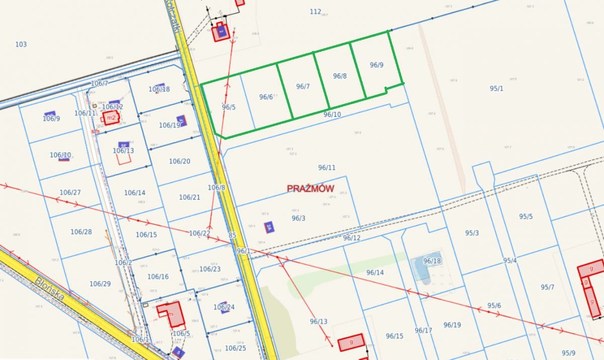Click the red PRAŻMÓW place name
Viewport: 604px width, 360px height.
[311, 188]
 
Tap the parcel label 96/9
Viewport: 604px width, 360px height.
[376, 65]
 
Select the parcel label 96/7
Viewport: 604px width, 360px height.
[303, 87]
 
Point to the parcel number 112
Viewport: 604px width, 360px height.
[316, 12]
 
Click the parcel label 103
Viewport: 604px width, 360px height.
[21, 44]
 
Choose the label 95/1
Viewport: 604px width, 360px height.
[496, 89]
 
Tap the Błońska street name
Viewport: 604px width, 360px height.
[50, 288]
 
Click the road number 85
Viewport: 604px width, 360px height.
[232, 235]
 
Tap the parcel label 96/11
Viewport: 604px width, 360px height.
[327, 167]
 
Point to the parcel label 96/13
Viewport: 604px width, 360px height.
[319, 321]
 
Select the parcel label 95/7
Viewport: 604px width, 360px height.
[548, 287]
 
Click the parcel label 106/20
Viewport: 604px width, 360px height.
[180, 162]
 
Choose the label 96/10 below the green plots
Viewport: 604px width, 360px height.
[332, 115]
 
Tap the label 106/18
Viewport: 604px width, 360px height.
[159, 89]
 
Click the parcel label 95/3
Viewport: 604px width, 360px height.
[472, 233]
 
